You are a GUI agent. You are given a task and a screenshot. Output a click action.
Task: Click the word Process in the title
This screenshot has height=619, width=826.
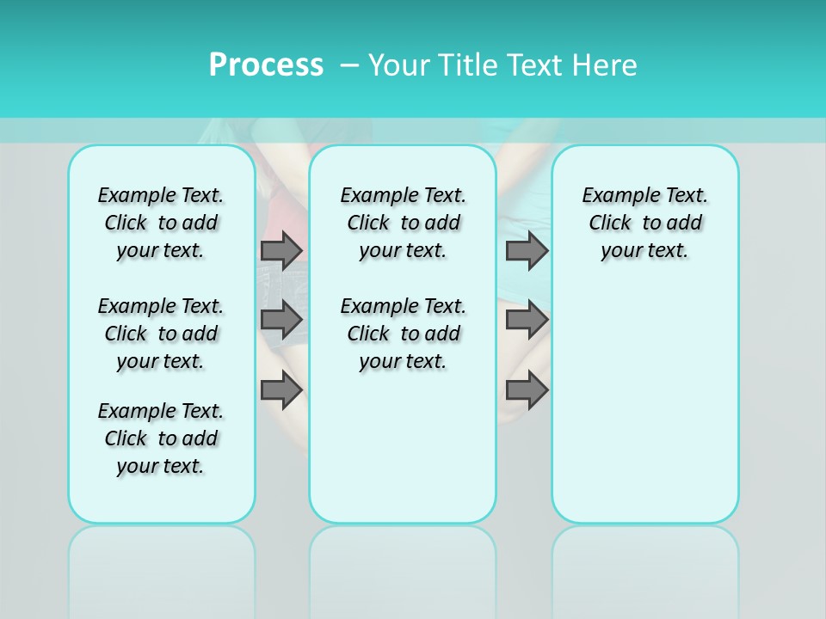266,65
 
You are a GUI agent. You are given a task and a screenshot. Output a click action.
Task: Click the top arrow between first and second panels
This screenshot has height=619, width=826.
281,251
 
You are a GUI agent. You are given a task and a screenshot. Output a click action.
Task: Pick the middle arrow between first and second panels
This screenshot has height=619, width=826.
281,320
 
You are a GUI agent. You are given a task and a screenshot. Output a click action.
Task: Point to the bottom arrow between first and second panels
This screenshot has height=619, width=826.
281,390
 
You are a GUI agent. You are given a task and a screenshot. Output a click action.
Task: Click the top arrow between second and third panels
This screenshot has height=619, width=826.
527,251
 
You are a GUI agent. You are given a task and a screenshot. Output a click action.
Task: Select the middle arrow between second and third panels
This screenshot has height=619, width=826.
527,320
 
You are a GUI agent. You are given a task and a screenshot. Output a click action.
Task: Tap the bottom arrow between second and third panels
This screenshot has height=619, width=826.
527,390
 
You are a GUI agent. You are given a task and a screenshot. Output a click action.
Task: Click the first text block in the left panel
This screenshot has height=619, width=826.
161,223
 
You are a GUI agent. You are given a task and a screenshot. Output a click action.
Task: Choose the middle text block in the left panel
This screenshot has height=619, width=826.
161,334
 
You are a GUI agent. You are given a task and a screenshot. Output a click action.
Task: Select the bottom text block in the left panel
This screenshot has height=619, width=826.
161,438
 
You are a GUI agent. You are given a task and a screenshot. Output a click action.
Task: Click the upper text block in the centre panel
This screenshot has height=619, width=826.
403,223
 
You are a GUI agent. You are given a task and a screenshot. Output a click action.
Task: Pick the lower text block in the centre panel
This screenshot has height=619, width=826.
403,334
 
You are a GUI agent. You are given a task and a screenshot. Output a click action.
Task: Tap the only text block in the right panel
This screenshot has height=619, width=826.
645,223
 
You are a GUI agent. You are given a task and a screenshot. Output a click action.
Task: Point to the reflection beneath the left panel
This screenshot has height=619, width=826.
162,559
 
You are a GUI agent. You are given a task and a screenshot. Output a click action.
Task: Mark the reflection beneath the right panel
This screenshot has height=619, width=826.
645,559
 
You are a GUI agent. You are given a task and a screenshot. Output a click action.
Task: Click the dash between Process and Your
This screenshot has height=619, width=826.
348,66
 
